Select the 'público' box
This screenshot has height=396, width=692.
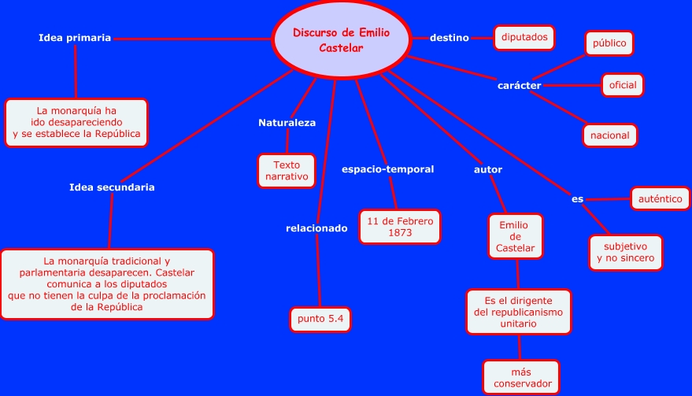[609, 44]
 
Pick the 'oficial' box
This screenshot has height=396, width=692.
[623, 85]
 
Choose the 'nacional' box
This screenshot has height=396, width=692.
[610, 135]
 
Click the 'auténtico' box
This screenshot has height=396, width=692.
[661, 198]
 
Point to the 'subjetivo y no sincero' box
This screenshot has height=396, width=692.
[626, 253]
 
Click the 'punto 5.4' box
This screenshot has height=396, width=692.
[320, 319]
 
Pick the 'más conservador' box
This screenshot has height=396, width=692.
[521, 378]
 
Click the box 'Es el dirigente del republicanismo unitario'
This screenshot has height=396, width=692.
[519, 313]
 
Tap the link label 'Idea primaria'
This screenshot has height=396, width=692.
[75, 37]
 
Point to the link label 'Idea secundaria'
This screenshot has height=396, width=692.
[112, 187]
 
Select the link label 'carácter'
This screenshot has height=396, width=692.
[519, 85]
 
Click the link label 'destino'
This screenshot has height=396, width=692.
[450, 37]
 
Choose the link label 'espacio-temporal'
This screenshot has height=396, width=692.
[387, 169]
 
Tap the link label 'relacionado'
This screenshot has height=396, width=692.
[316, 228]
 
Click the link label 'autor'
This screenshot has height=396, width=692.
[488, 169]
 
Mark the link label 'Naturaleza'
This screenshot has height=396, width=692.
[287, 123]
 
